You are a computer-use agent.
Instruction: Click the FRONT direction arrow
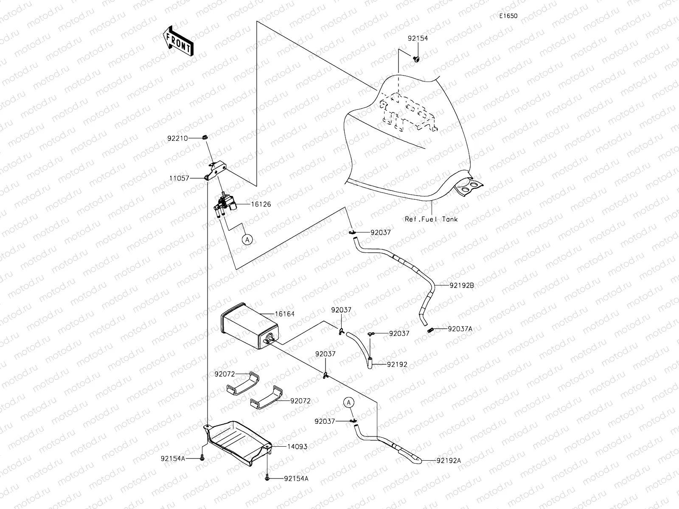[178, 41]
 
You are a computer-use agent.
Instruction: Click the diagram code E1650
[508, 16]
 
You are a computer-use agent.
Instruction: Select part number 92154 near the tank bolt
[418, 38]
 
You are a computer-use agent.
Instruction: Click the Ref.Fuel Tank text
[431, 219]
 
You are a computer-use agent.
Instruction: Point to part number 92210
[178, 138]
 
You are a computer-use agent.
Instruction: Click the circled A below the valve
[247, 240]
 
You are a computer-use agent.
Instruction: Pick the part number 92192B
[460, 285]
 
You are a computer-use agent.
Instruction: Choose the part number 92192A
[447, 460]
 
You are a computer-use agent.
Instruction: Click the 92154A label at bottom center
[296, 478]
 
